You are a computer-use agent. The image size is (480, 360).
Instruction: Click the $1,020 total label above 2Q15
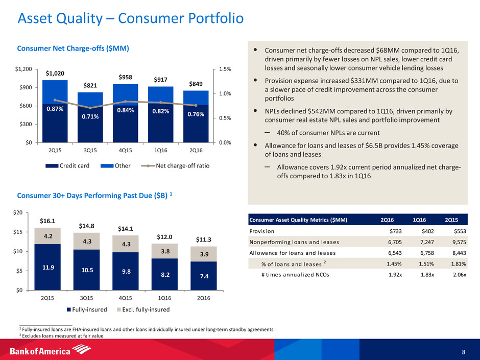click(51, 74)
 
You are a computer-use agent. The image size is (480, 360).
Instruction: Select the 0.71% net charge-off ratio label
click(84, 117)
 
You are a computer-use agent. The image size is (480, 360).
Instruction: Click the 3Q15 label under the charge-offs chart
click(84, 150)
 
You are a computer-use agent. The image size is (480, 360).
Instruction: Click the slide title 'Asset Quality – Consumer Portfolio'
click(130, 19)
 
